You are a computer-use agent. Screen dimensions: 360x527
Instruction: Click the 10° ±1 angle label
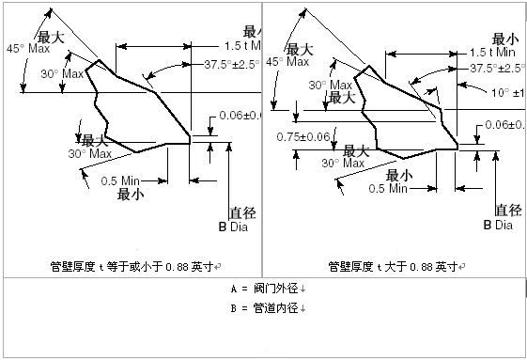(x=503, y=92)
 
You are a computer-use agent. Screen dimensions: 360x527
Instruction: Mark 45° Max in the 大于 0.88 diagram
(x=287, y=61)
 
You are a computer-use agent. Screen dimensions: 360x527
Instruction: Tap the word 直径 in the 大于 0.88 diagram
(x=508, y=211)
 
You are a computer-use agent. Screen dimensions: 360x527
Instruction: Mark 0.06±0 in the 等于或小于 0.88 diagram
(x=240, y=115)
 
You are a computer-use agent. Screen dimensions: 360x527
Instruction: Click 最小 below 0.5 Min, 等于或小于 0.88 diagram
(x=130, y=195)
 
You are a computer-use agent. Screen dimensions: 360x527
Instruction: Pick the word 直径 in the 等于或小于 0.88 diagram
(x=243, y=212)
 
